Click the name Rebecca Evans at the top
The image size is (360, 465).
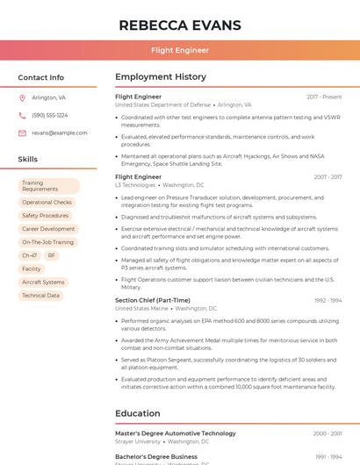pos(179,25)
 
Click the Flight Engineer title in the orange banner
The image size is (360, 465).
pos(179,50)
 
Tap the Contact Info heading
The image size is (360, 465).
pos(41,77)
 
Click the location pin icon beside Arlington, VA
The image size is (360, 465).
pos(22,97)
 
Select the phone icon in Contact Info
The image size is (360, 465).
pos(22,115)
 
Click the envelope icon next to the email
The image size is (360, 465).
pos(22,132)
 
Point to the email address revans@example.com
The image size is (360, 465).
pos(59,132)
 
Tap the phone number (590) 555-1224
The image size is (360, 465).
pos(49,115)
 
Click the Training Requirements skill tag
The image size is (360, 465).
pos(48,186)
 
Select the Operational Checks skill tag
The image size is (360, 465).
pos(47,203)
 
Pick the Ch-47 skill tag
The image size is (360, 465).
pos(29,255)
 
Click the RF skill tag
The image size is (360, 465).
pos(52,255)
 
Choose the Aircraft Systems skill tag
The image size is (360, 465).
pos(43,282)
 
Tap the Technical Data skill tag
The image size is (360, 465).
pos(41,296)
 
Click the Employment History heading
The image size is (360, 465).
pos(161,77)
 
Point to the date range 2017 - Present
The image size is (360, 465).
pos(324,97)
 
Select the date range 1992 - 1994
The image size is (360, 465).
pos(328,300)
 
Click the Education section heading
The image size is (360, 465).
pos(137,413)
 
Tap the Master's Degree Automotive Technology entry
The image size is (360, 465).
pos(176,433)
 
